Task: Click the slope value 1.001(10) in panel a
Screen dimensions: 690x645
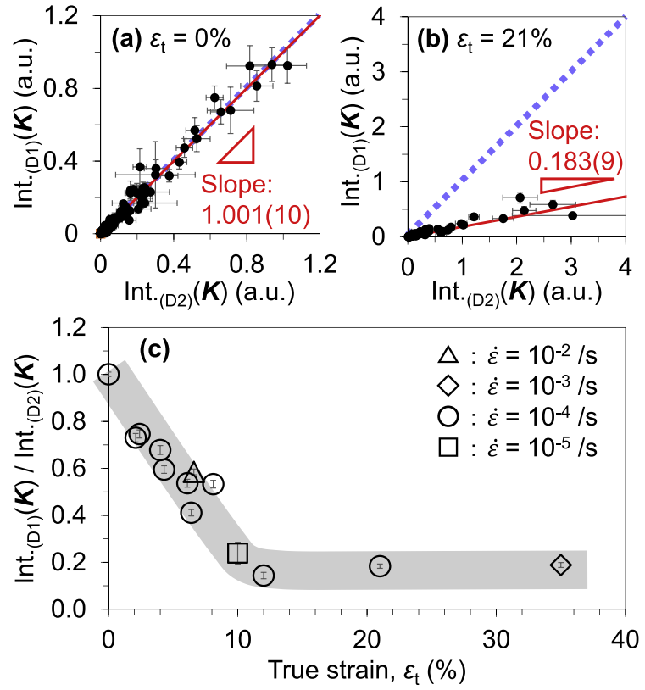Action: (255, 215)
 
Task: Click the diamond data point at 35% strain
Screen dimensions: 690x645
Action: (561, 565)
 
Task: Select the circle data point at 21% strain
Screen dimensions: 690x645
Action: (380, 565)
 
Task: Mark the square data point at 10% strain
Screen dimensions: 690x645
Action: (238, 553)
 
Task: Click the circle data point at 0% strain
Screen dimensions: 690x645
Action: (108, 374)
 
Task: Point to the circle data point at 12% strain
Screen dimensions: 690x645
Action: (264, 575)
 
